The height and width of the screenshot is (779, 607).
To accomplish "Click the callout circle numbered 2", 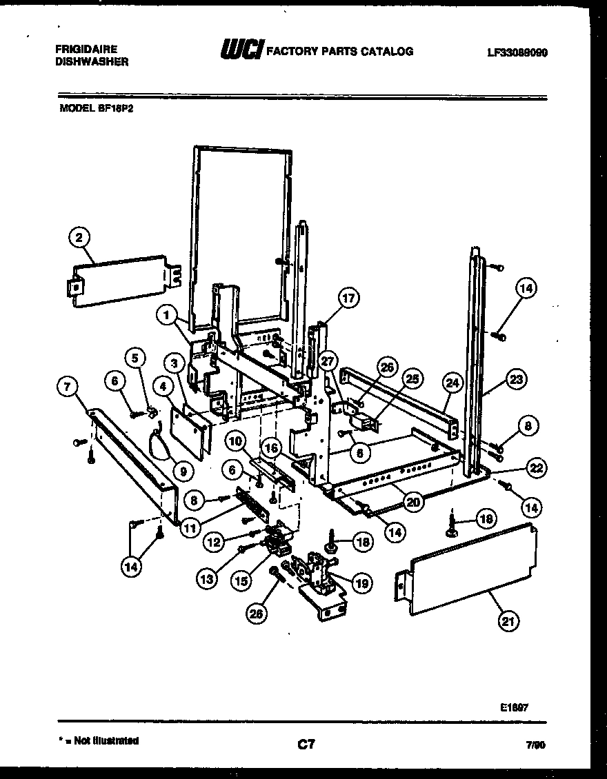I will [x=79, y=239].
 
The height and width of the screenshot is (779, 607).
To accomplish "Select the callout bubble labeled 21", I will [x=508, y=621].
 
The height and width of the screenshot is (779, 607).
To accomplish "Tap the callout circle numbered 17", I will [x=349, y=299].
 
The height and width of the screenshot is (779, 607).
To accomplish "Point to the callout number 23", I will [x=515, y=378].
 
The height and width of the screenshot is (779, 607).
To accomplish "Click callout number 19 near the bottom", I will [x=361, y=584].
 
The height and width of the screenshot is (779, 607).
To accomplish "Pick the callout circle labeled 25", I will [x=412, y=378].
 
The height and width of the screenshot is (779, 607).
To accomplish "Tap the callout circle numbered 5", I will [x=136, y=357].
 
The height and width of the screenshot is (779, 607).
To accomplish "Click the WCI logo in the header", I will [x=240, y=51].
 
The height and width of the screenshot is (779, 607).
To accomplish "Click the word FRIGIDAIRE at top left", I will [x=86, y=50].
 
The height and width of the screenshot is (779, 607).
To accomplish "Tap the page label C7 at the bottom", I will [x=306, y=744].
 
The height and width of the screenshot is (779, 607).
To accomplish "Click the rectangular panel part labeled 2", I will [x=121, y=279].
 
